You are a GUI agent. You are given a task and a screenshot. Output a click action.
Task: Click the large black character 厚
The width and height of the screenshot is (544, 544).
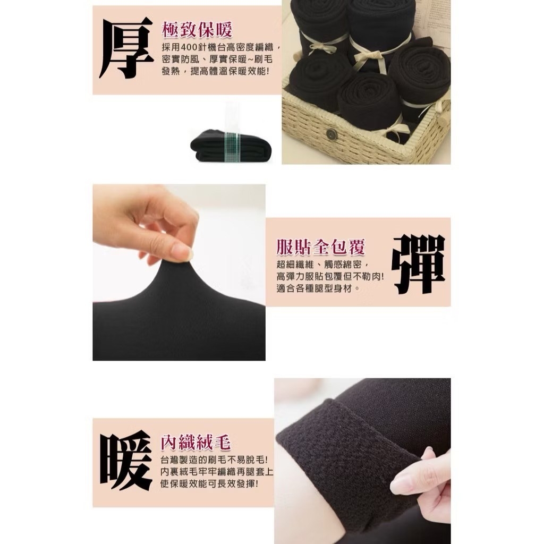126,47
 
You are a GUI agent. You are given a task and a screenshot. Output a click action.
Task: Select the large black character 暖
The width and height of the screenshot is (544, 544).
126,460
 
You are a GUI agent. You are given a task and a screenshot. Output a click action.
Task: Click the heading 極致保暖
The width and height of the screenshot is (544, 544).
197,30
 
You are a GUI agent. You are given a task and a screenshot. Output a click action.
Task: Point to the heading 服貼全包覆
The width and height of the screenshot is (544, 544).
320,247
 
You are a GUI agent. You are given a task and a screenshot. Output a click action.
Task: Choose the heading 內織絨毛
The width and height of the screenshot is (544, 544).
195,442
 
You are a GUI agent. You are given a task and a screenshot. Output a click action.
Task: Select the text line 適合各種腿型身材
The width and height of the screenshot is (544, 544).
318,288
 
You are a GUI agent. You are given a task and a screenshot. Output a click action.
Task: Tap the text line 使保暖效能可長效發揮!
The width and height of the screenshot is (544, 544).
209,483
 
